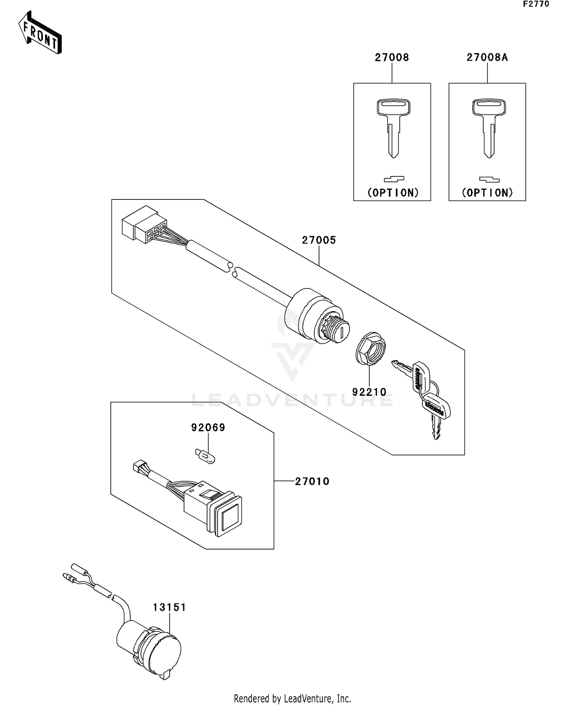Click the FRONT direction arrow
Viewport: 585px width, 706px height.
click(40, 33)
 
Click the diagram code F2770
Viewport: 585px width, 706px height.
click(536, 4)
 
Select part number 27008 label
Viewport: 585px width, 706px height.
click(392, 57)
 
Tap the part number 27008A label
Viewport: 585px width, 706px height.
click(487, 57)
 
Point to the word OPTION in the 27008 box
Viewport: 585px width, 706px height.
click(393, 192)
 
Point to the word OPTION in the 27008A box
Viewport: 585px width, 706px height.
click(487, 192)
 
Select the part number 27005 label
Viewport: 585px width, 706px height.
click(319, 240)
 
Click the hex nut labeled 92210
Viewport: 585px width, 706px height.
click(370, 347)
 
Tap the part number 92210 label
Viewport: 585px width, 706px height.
click(369, 391)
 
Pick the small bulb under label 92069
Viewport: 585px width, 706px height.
click(205, 456)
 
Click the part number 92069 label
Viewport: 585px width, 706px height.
click(208, 428)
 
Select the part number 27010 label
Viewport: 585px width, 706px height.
click(312, 481)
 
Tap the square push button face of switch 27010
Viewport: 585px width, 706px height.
click(229, 519)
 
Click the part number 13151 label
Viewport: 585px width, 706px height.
click(169, 607)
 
